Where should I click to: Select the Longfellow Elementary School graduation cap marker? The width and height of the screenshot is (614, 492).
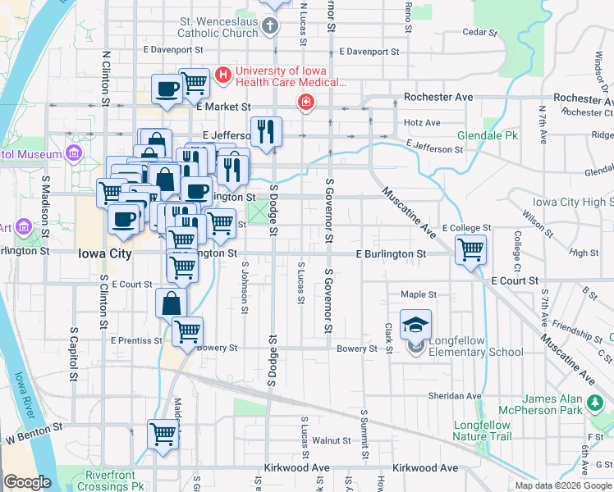point(416,326)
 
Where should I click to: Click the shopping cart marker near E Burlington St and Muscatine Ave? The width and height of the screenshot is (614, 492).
point(470,249)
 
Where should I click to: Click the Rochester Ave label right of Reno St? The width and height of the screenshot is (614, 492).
point(438,97)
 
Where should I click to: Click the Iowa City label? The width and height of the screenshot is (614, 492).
point(105,254)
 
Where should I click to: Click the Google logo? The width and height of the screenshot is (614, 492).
point(27,482)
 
